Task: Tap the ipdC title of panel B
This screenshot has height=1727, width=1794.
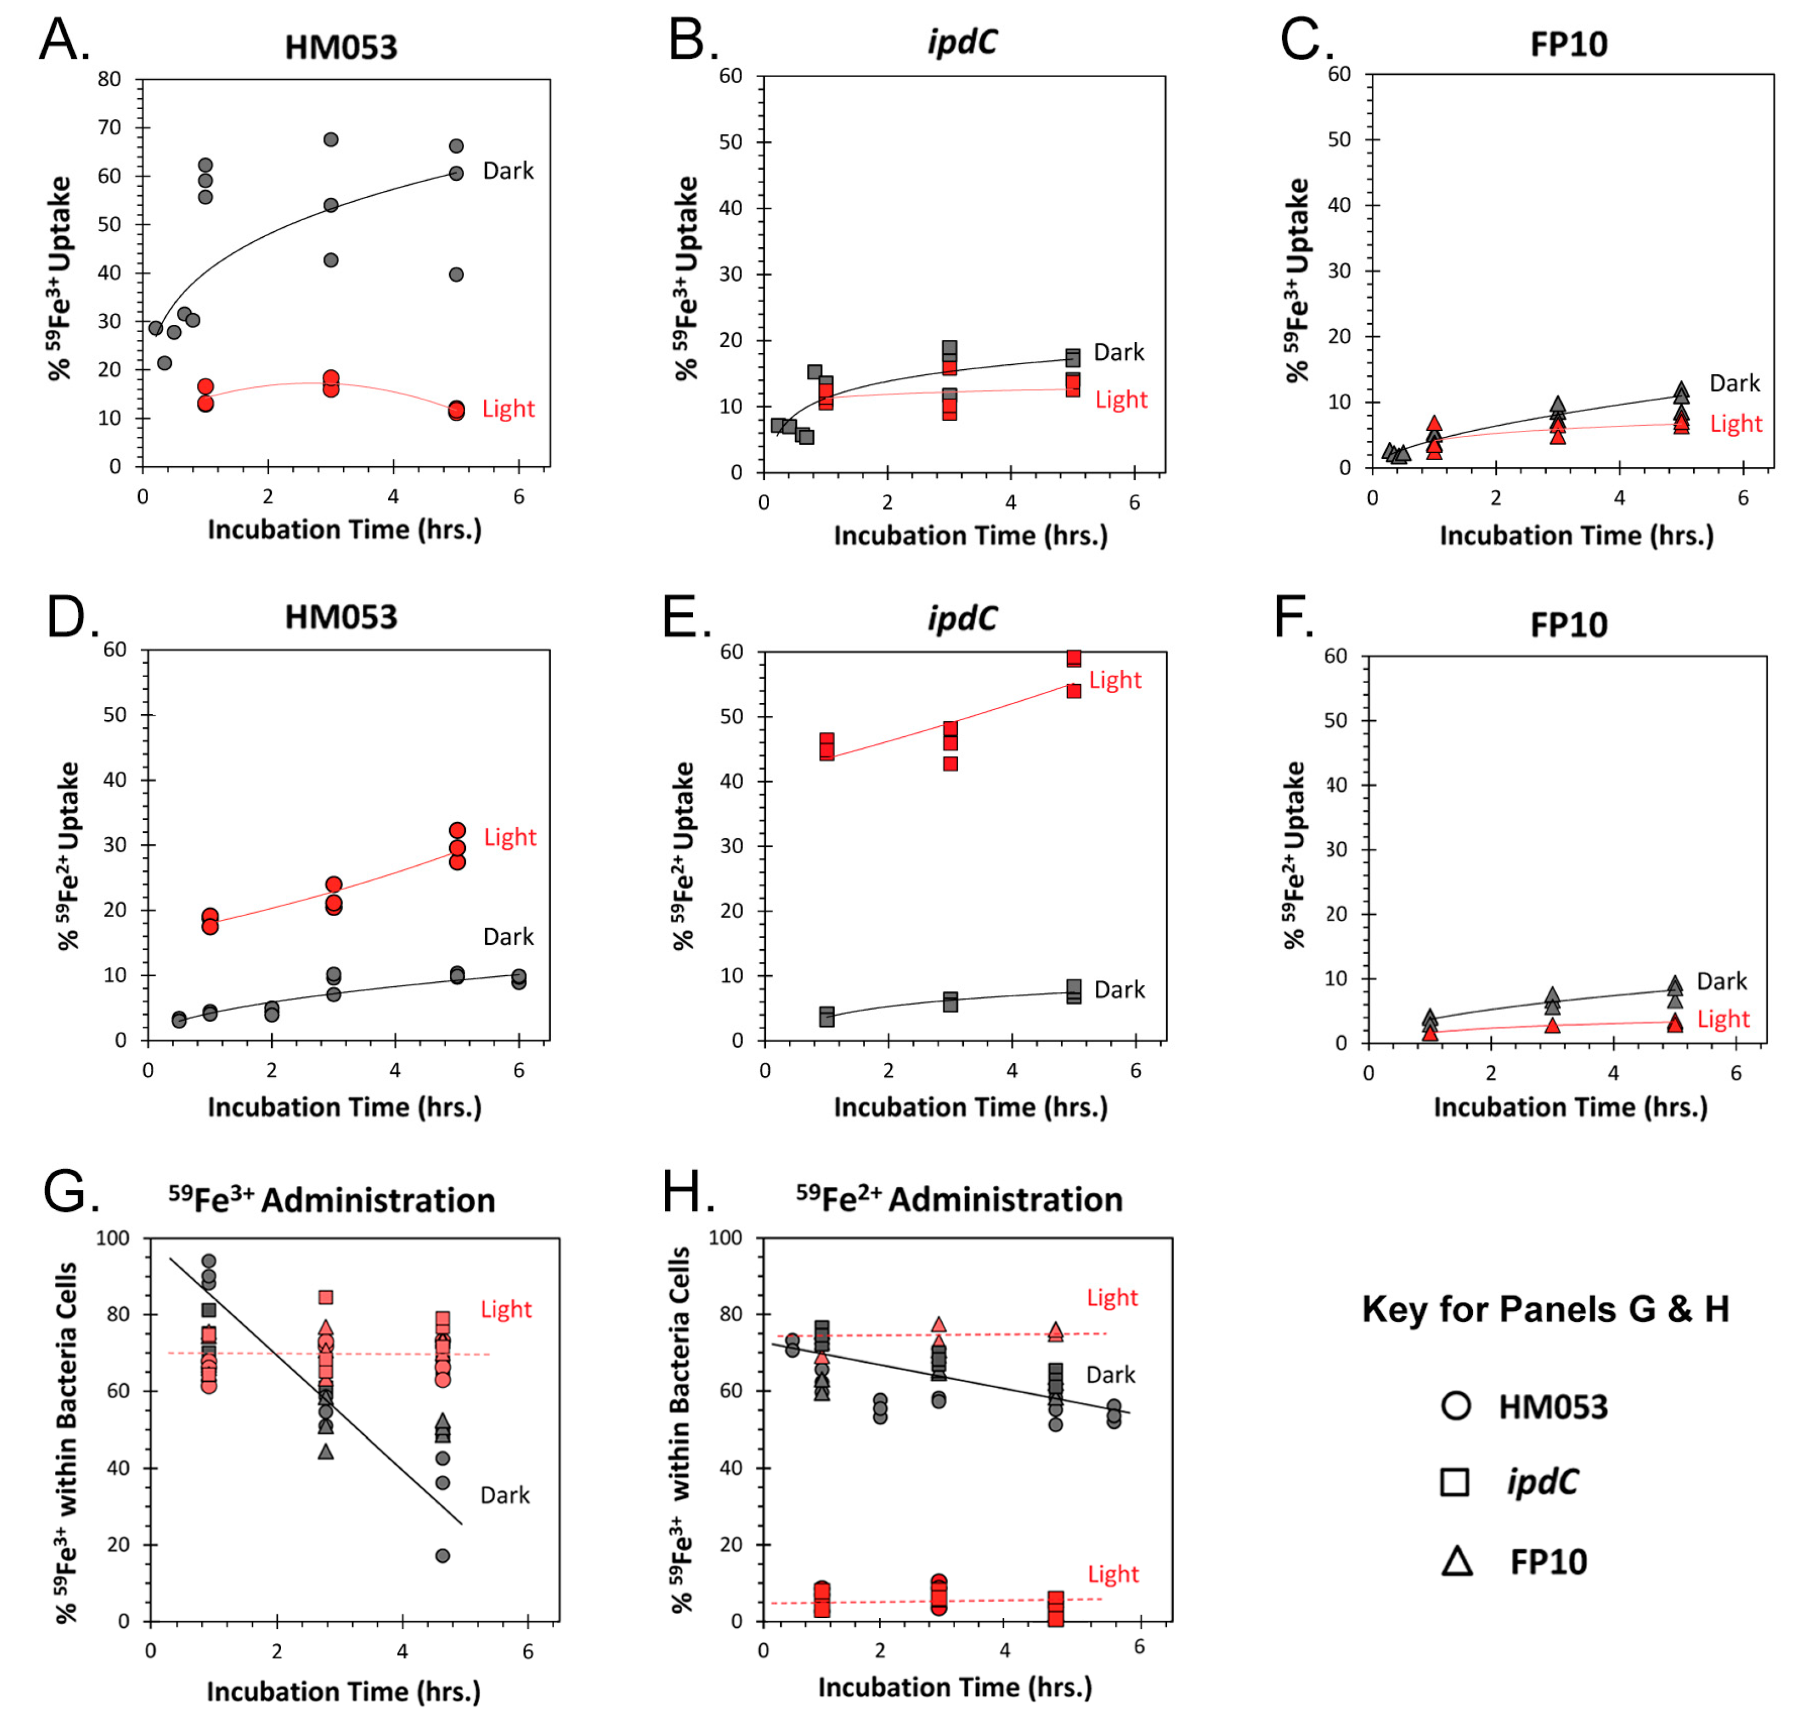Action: pyautogui.click(x=961, y=42)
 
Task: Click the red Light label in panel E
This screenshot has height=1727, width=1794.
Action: pyautogui.click(x=1115, y=680)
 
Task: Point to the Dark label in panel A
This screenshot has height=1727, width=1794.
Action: pyautogui.click(x=508, y=171)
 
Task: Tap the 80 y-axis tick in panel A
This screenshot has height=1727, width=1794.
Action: pyautogui.click(x=110, y=80)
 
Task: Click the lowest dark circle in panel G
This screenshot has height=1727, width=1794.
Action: pyautogui.click(x=442, y=1556)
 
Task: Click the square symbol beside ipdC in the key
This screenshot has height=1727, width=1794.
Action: pyautogui.click(x=1455, y=1483)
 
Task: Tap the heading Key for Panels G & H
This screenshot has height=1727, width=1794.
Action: pyautogui.click(x=1545, y=1310)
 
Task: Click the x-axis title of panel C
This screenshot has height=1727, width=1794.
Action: pyautogui.click(x=1576, y=536)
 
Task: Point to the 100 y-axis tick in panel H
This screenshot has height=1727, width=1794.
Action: pyautogui.click(x=726, y=1238)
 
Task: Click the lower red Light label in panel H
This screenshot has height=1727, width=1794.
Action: pyautogui.click(x=1113, y=1574)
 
